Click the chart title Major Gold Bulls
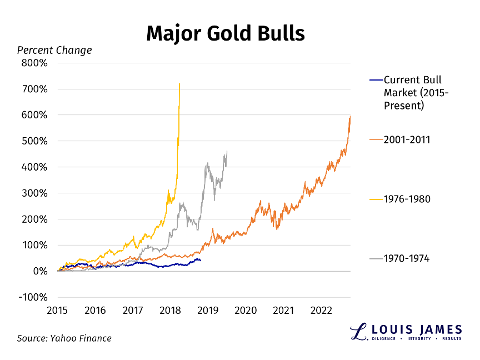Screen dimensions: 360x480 point(226,33)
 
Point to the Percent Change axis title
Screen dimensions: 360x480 point(54,51)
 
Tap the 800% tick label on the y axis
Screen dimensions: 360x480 point(35,63)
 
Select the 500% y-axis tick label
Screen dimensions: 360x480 point(35,141)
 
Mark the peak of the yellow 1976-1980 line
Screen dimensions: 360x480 point(179,84)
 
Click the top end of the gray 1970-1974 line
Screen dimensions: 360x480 point(227,151)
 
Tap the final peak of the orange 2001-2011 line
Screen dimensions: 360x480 point(351,116)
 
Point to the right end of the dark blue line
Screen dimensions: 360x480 point(201,260)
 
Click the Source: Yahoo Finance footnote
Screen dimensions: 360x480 point(64,338)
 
